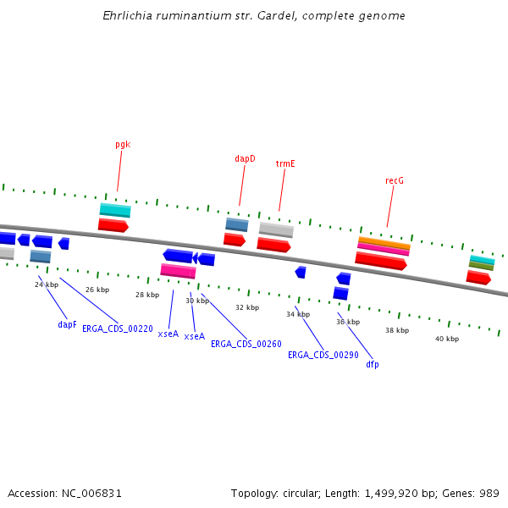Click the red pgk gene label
click(123, 145)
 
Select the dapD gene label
click(245, 159)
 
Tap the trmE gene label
click(285, 163)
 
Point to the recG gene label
click(394, 180)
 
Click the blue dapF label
click(67, 324)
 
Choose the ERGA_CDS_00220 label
click(118, 329)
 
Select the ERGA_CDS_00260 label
click(246, 345)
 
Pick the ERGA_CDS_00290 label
click(323, 355)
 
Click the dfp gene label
click(373, 364)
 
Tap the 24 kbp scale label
click(47, 284)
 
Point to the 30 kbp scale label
click(197, 301)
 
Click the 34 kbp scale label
click(298, 314)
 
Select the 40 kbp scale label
click(447, 339)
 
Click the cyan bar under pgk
click(115, 210)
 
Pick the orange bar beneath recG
click(384, 243)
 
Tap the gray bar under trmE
click(276, 229)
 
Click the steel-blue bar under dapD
click(237, 224)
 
